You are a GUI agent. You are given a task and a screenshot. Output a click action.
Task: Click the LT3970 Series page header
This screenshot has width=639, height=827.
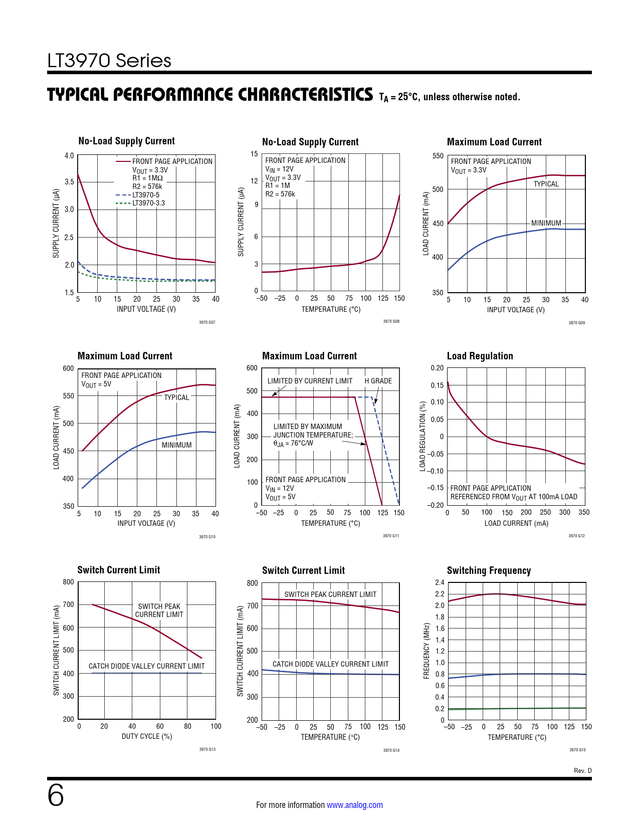click(109, 61)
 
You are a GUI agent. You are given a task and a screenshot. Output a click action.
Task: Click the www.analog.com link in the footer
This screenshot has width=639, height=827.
click(354, 805)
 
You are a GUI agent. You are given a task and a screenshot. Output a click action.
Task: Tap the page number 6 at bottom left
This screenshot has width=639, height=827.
click(56, 795)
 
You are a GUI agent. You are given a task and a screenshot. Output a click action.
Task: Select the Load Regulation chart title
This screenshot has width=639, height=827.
click(480, 356)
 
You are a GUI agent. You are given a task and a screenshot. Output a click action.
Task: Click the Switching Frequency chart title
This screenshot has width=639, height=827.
click(489, 570)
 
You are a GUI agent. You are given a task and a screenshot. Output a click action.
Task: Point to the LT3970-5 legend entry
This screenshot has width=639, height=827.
click(146, 195)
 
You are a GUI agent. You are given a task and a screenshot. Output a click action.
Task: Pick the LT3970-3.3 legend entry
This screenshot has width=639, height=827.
click(148, 203)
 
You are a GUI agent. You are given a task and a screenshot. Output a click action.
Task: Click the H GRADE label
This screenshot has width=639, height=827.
click(378, 381)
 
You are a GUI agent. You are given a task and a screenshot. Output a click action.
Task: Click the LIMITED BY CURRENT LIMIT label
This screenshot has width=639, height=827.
click(310, 381)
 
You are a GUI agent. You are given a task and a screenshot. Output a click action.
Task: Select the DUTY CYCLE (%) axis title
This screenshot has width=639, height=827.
click(147, 736)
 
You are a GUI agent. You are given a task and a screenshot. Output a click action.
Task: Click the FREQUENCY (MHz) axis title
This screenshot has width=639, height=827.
click(427, 651)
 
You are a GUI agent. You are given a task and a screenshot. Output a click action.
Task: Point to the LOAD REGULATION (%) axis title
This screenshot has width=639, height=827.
click(422, 436)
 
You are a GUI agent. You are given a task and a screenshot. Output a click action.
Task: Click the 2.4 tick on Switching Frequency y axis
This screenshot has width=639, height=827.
click(440, 582)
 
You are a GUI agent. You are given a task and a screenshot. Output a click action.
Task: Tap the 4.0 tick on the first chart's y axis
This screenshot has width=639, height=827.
click(69, 155)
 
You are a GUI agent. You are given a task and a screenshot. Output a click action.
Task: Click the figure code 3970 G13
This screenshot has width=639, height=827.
click(207, 749)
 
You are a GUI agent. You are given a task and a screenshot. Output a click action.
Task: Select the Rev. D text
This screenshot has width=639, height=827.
click(582, 771)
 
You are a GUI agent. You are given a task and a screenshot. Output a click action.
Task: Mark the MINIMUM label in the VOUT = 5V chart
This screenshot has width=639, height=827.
click(176, 445)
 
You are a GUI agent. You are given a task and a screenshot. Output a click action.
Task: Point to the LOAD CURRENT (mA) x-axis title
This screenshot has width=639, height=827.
click(516, 523)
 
